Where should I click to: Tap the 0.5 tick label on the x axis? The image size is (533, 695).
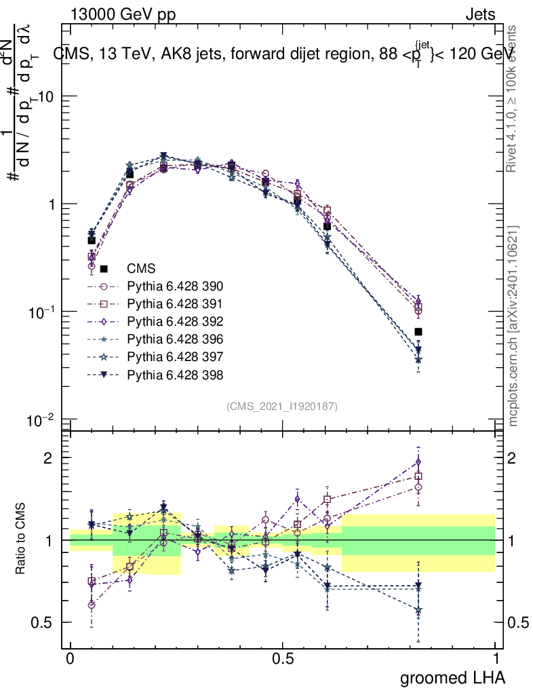[x=283, y=658]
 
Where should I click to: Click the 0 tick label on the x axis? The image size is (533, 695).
[x=71, y=658]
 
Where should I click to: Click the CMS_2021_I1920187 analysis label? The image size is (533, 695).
[x=282, y=406]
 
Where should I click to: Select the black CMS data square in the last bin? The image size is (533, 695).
[x=418, y=332]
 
